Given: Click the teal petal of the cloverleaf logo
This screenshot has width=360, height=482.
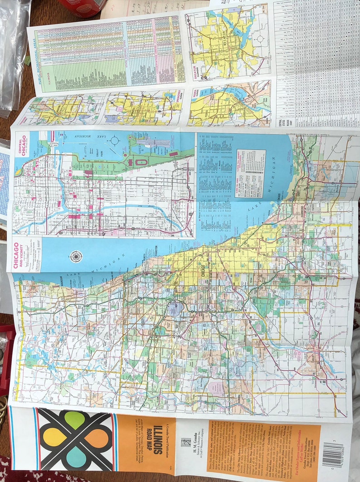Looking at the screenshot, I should click(75, 458).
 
